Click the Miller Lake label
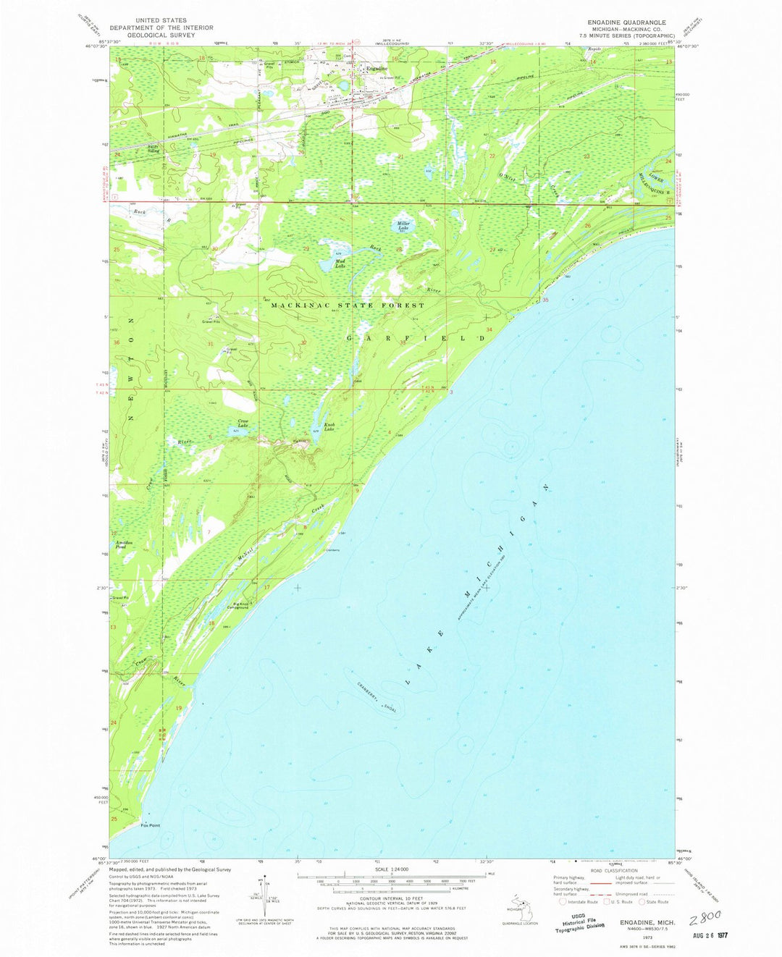coord(403,224)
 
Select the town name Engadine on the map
coord(377,68)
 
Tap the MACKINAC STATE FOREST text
coord(348,305)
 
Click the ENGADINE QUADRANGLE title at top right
coord(627,22)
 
